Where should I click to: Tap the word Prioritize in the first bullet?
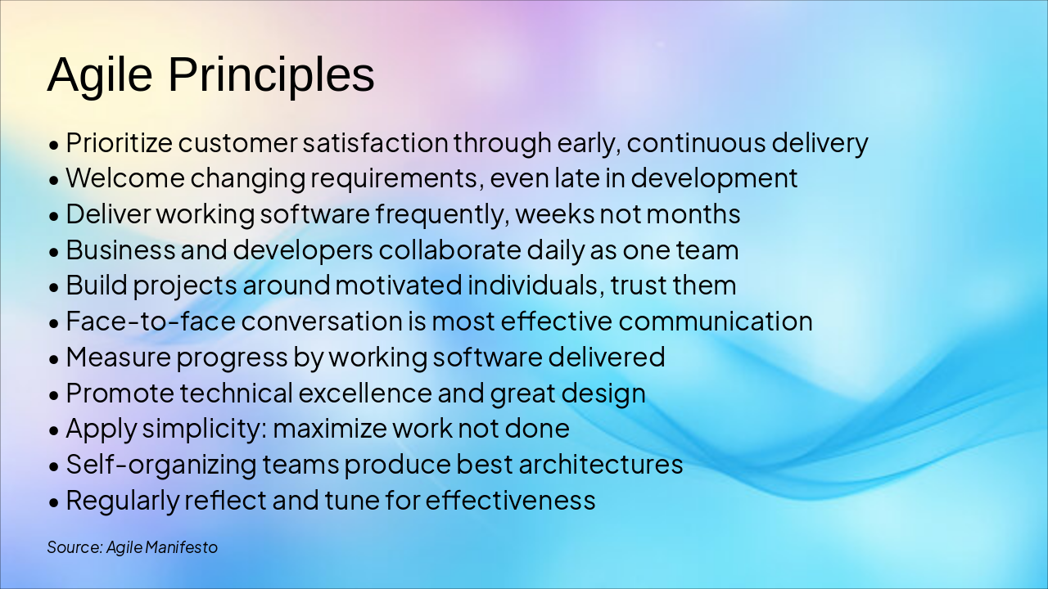120,143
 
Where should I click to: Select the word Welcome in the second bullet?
125,178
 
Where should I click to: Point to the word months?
693,214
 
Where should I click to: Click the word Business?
120,250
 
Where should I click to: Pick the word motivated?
399,286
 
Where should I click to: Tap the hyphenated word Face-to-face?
151,321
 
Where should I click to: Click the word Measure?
119,357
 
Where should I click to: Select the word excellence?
365,393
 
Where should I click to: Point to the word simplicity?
205,429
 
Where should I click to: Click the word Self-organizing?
161,465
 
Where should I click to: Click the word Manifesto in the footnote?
182,547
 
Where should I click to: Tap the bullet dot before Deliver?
54,217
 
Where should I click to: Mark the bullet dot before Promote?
54,395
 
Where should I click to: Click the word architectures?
601,465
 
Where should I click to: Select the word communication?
716,321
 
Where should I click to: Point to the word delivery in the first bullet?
820,143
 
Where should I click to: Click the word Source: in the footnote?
75,547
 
